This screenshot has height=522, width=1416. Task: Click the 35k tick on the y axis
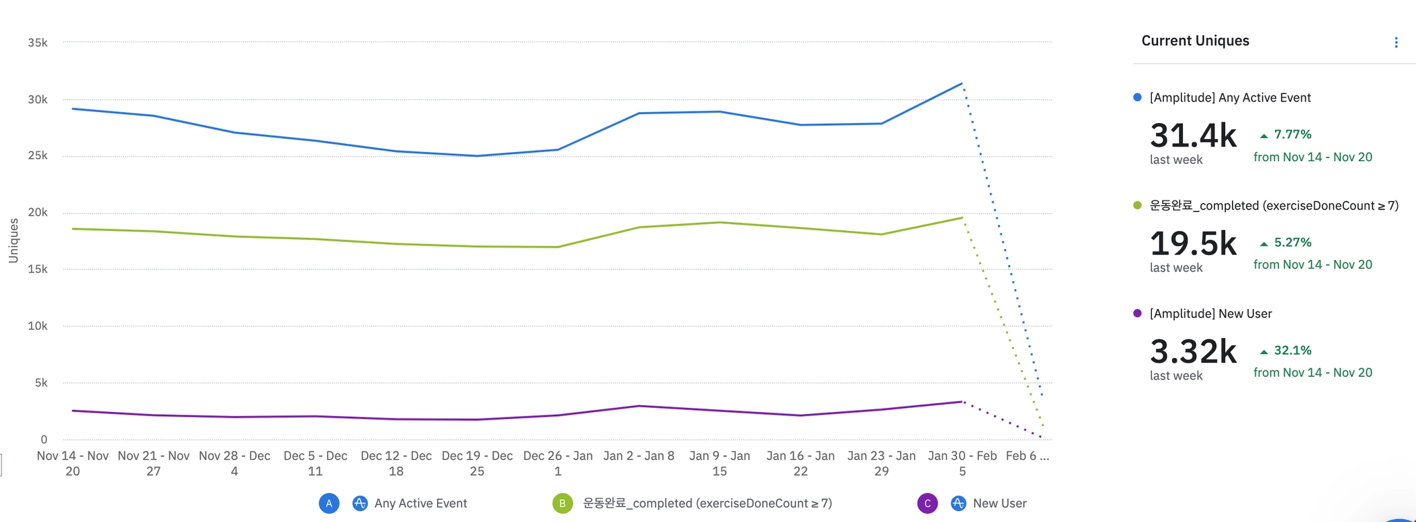click(x=37, y=43)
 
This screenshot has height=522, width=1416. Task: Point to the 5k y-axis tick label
click(x=41, y=383)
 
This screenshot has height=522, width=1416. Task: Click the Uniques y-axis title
click(x=13, y=241)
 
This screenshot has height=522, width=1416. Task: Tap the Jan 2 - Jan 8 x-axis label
click(x=638, y=456)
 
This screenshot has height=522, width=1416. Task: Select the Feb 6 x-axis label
click(x=1027, y=456)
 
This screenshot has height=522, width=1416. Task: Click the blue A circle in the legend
click(x=329, y=503)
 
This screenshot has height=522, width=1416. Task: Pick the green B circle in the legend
click(x=562, y=503)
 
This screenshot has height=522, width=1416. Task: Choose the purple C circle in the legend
click(x=927, y=503)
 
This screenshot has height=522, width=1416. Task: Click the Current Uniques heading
click(x=1195, y=41)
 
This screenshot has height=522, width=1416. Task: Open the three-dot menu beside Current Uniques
click(x=1396, y=43)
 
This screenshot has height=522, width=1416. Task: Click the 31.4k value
click(x=1193, y=136)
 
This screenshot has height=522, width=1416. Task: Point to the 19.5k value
click(x=1193, y=243)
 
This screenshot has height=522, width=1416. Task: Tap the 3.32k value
click(x=1193, y=351)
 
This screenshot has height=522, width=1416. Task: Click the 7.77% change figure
click(x=1292, y=134)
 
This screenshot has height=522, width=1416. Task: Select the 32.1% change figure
click(x=1292, y=351)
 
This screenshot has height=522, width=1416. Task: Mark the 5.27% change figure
click(x=1292, y=243)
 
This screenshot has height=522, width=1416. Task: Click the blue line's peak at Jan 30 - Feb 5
click(x=962, y=84)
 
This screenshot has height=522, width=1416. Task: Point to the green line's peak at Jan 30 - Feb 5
click(x=962, y=218)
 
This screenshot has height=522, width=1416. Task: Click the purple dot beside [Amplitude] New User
click(x=1137, y=313)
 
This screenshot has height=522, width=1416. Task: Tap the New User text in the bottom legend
click(x=999, y=503)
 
